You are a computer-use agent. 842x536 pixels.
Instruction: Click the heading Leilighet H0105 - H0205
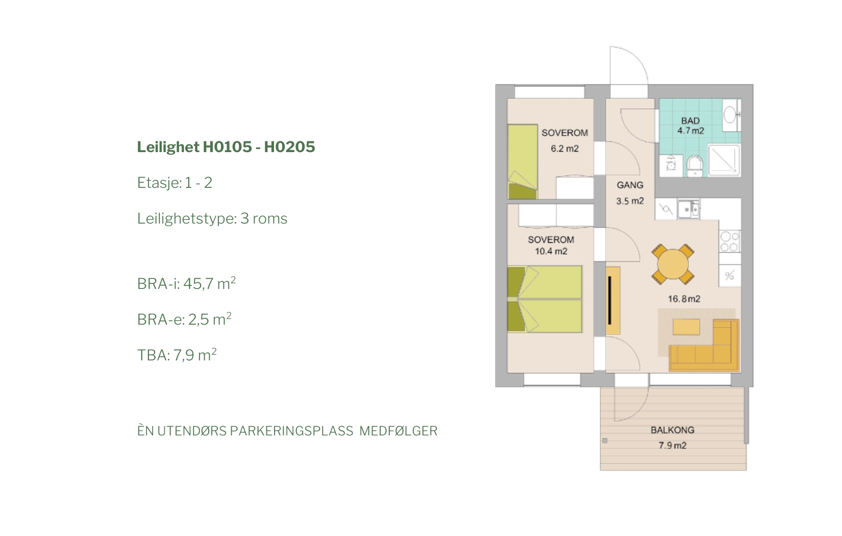coord(226,147)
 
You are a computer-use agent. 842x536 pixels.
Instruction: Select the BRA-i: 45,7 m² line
coord(186,283)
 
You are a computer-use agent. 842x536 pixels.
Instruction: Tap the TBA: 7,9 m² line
coord(177,355)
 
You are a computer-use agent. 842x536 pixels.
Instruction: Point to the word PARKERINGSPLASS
coord(292,431)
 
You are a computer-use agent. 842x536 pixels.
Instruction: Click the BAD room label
coord(690,121)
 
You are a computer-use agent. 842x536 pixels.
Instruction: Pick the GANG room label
coord(630,185)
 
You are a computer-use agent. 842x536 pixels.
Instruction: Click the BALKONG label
coord(673,430)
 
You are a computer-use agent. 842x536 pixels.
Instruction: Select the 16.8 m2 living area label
coord(684,299)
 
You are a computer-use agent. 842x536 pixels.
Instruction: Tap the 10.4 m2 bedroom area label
coord(551,251)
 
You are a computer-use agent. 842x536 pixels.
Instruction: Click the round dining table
coord(673,264)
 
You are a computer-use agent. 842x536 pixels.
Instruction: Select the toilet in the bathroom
coord(695,166)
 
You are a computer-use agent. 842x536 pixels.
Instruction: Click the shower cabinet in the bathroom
coord(724,160)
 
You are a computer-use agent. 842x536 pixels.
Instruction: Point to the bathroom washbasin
coord(730,114)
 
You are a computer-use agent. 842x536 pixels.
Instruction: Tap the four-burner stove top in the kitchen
coord(730,241)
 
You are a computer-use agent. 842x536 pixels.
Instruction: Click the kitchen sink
coord(688,209)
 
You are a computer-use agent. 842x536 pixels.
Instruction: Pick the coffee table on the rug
coord(686,327)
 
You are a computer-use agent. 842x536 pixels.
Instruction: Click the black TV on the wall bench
coord(610,300)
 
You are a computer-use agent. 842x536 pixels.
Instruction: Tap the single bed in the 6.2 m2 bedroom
coord(523,162)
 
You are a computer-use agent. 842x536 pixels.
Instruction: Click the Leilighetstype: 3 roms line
coord(212,218)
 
